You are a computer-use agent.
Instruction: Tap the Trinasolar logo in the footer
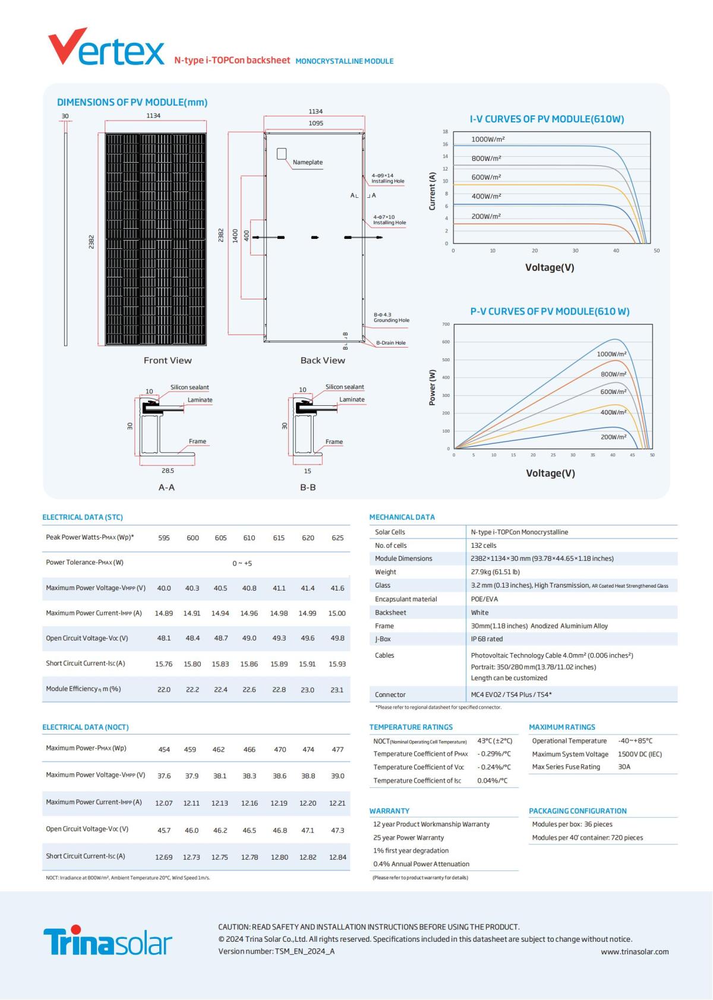pyautogui.click(x=108, y=940)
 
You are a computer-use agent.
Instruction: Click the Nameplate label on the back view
pyautogui.click(x=307, y=162)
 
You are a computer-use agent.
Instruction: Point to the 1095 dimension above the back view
pyautogui.click(x=316, y=123)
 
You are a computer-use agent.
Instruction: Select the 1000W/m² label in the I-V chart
pyautogui.click(x=488, y=140)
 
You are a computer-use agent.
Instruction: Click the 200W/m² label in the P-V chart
pyautogui.click(x=613, y=437)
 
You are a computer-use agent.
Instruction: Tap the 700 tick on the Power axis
pyautogui.click(x=446, y=324)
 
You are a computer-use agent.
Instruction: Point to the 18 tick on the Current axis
pyautogui.click(x=445, y=131)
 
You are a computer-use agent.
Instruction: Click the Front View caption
pyautogui.click(x=168, y=360)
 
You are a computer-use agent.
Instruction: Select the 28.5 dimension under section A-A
pyautogui.click(x=168, y=471)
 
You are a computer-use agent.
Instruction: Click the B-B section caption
pyautogui.click(x=308, y=487)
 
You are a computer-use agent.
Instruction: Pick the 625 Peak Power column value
pyautogui.click(x=337, y=538)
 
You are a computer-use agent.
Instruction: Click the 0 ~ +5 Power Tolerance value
pyautogui.click(x=242, y=563)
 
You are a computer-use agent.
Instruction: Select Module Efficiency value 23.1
pyautogui.click(x=337, y=690)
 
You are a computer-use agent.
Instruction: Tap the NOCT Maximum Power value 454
pyautogui.click(x=164, y=750)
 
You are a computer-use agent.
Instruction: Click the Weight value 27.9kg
pyautogui.click(x=495, y=572)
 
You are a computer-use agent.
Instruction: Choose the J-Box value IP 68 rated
pyautogui.click(x=487, y=639)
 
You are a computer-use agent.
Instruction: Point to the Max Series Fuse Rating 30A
pyautogui.click(x=624, y=767)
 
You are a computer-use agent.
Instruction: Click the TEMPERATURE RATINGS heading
pyautogui.click(x=411, y=727)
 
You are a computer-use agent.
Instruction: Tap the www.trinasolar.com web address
pyautogui.click(x=635, y=952)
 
